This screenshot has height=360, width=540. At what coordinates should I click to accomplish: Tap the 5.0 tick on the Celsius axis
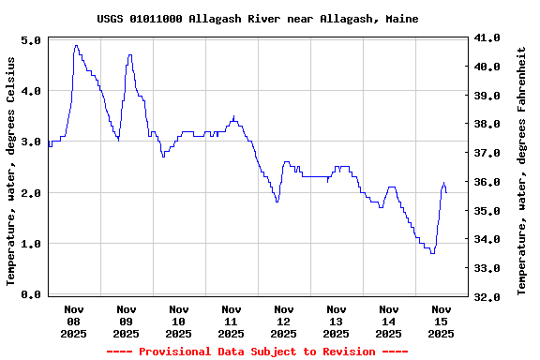(30, 41)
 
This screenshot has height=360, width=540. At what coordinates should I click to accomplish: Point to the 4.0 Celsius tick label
(30, 92)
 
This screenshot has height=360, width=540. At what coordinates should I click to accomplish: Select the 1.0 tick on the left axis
(30, 244)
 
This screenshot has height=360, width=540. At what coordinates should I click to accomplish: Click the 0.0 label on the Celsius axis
(30, 294)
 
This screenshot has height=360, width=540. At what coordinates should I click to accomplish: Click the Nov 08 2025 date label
(73, 321)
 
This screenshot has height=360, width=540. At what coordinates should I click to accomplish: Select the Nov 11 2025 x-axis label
(231, 321)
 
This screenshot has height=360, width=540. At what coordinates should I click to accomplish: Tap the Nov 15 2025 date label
(441, 321)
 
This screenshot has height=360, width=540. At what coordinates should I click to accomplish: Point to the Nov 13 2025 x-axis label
(336, 321)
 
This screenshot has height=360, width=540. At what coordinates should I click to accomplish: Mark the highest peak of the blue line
(76, 45)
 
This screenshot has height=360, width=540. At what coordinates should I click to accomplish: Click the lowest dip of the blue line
(432, 253)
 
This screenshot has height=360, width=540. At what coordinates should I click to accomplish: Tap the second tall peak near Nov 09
(129, 54)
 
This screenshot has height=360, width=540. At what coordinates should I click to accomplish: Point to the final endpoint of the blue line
(446, 192)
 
